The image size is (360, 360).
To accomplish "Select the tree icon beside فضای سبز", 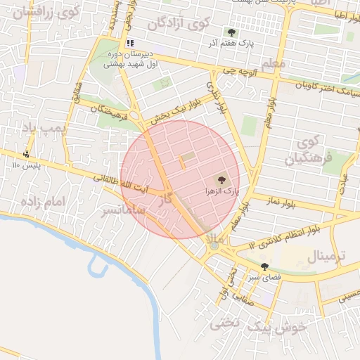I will click(264, 266).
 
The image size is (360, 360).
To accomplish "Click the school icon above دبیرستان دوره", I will click(129, 44).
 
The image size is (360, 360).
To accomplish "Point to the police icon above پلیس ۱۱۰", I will click(27, 153).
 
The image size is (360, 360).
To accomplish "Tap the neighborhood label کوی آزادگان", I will click(179, 23).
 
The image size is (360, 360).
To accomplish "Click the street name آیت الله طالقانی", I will click(121, 183).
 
